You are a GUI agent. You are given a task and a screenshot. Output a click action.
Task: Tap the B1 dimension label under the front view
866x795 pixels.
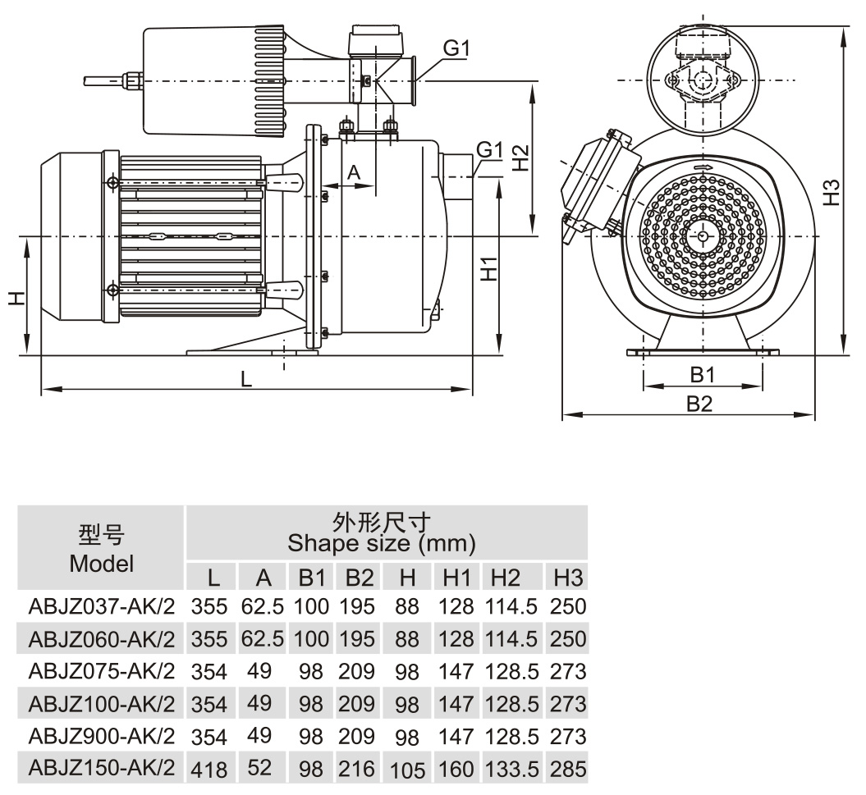(x=703, y=375)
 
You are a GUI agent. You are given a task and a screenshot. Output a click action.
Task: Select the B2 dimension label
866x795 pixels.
(x=699, y=404)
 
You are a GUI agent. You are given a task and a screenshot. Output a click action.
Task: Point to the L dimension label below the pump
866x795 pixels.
(x=246, y=379)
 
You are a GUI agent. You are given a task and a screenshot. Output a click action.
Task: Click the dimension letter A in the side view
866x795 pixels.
(x=354, y=172)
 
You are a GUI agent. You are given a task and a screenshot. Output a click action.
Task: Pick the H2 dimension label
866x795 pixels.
(x=520, y=158)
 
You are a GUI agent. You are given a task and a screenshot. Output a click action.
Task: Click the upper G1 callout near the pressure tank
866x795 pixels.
(x=456, y=48)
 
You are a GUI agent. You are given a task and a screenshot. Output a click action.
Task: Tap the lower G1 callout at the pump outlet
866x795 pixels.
(x=489, y=149)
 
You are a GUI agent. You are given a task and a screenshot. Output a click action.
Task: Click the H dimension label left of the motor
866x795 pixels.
(x=17, y=299)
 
